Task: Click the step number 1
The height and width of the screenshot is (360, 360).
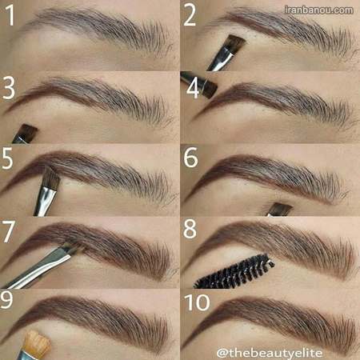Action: coord(10,15)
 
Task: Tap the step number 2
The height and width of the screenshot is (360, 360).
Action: coord(190,16)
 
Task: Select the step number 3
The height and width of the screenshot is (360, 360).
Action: coord(9,88)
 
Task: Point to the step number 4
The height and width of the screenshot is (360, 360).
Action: coord(193,88)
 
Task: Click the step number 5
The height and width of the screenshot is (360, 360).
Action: coord(7,158)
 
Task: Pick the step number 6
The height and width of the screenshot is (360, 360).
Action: coord(191,158)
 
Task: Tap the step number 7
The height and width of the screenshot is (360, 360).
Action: coord(8,231)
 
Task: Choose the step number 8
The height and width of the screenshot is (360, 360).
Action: coord(190,229)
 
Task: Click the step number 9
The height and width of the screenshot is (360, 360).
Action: coord(6,299)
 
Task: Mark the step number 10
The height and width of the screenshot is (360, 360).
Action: coord(197,302)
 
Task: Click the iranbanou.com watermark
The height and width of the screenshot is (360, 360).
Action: coord(318,10)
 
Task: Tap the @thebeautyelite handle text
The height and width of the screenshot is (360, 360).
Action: coord(270,353)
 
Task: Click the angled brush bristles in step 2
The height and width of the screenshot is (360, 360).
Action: coord(235,44)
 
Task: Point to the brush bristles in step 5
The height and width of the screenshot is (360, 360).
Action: coord(51,178)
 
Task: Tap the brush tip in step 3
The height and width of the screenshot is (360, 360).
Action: coord(27,131)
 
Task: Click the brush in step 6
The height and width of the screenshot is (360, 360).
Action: coord(280,210)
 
